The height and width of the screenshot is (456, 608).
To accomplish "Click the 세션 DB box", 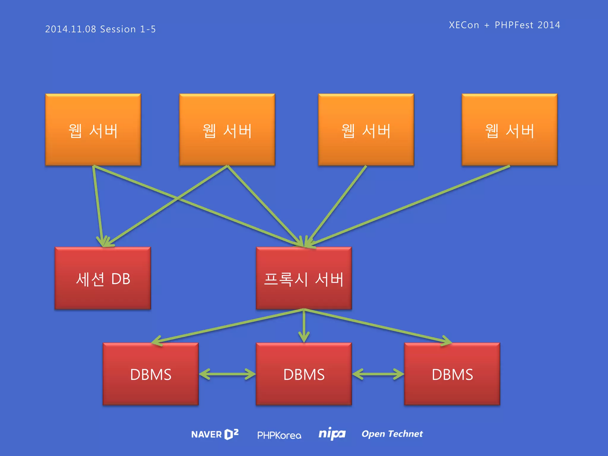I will click(103, 278).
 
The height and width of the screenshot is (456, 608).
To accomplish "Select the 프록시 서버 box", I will click(304, 278).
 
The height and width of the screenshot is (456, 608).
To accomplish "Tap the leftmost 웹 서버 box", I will click(93, 130).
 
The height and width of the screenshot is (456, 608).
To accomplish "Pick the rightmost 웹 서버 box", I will click(509, 130).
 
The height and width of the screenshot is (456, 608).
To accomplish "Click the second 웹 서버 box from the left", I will click(227, 130).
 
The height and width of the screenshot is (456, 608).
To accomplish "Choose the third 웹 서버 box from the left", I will click(366, 130).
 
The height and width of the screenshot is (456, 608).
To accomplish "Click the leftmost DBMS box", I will click(151, 374).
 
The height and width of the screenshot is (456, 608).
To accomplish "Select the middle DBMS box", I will click(304, 374).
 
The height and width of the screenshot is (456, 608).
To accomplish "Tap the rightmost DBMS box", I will click(452, 374).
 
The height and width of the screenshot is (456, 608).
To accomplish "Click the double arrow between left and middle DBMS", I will click(227, 374).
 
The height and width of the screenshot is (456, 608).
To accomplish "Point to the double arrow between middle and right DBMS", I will click(378, 374).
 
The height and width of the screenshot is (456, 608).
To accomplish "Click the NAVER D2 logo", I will click(215, 434).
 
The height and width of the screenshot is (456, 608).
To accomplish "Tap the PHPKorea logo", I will click(279, 435).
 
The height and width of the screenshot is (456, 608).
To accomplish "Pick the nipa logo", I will click(332, 434).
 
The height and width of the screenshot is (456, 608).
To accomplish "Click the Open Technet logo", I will click(392, 434).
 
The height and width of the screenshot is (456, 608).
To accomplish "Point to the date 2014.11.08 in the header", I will click(71, 29).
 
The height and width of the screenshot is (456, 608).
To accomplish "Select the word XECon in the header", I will click(464, 25).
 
